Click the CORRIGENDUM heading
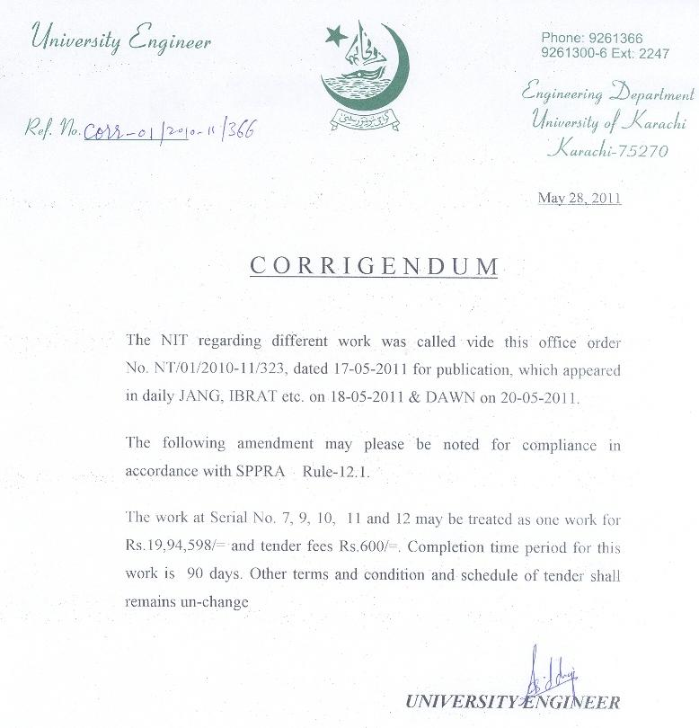(373, 266)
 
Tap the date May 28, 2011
(580, 198)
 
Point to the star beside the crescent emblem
(335, 36)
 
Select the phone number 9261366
(615, 38)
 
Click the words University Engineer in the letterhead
(120, 40)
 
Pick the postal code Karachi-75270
(608, 150)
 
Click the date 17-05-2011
(360, 370)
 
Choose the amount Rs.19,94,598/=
(177, 547)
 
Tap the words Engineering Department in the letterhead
(608, 93)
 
